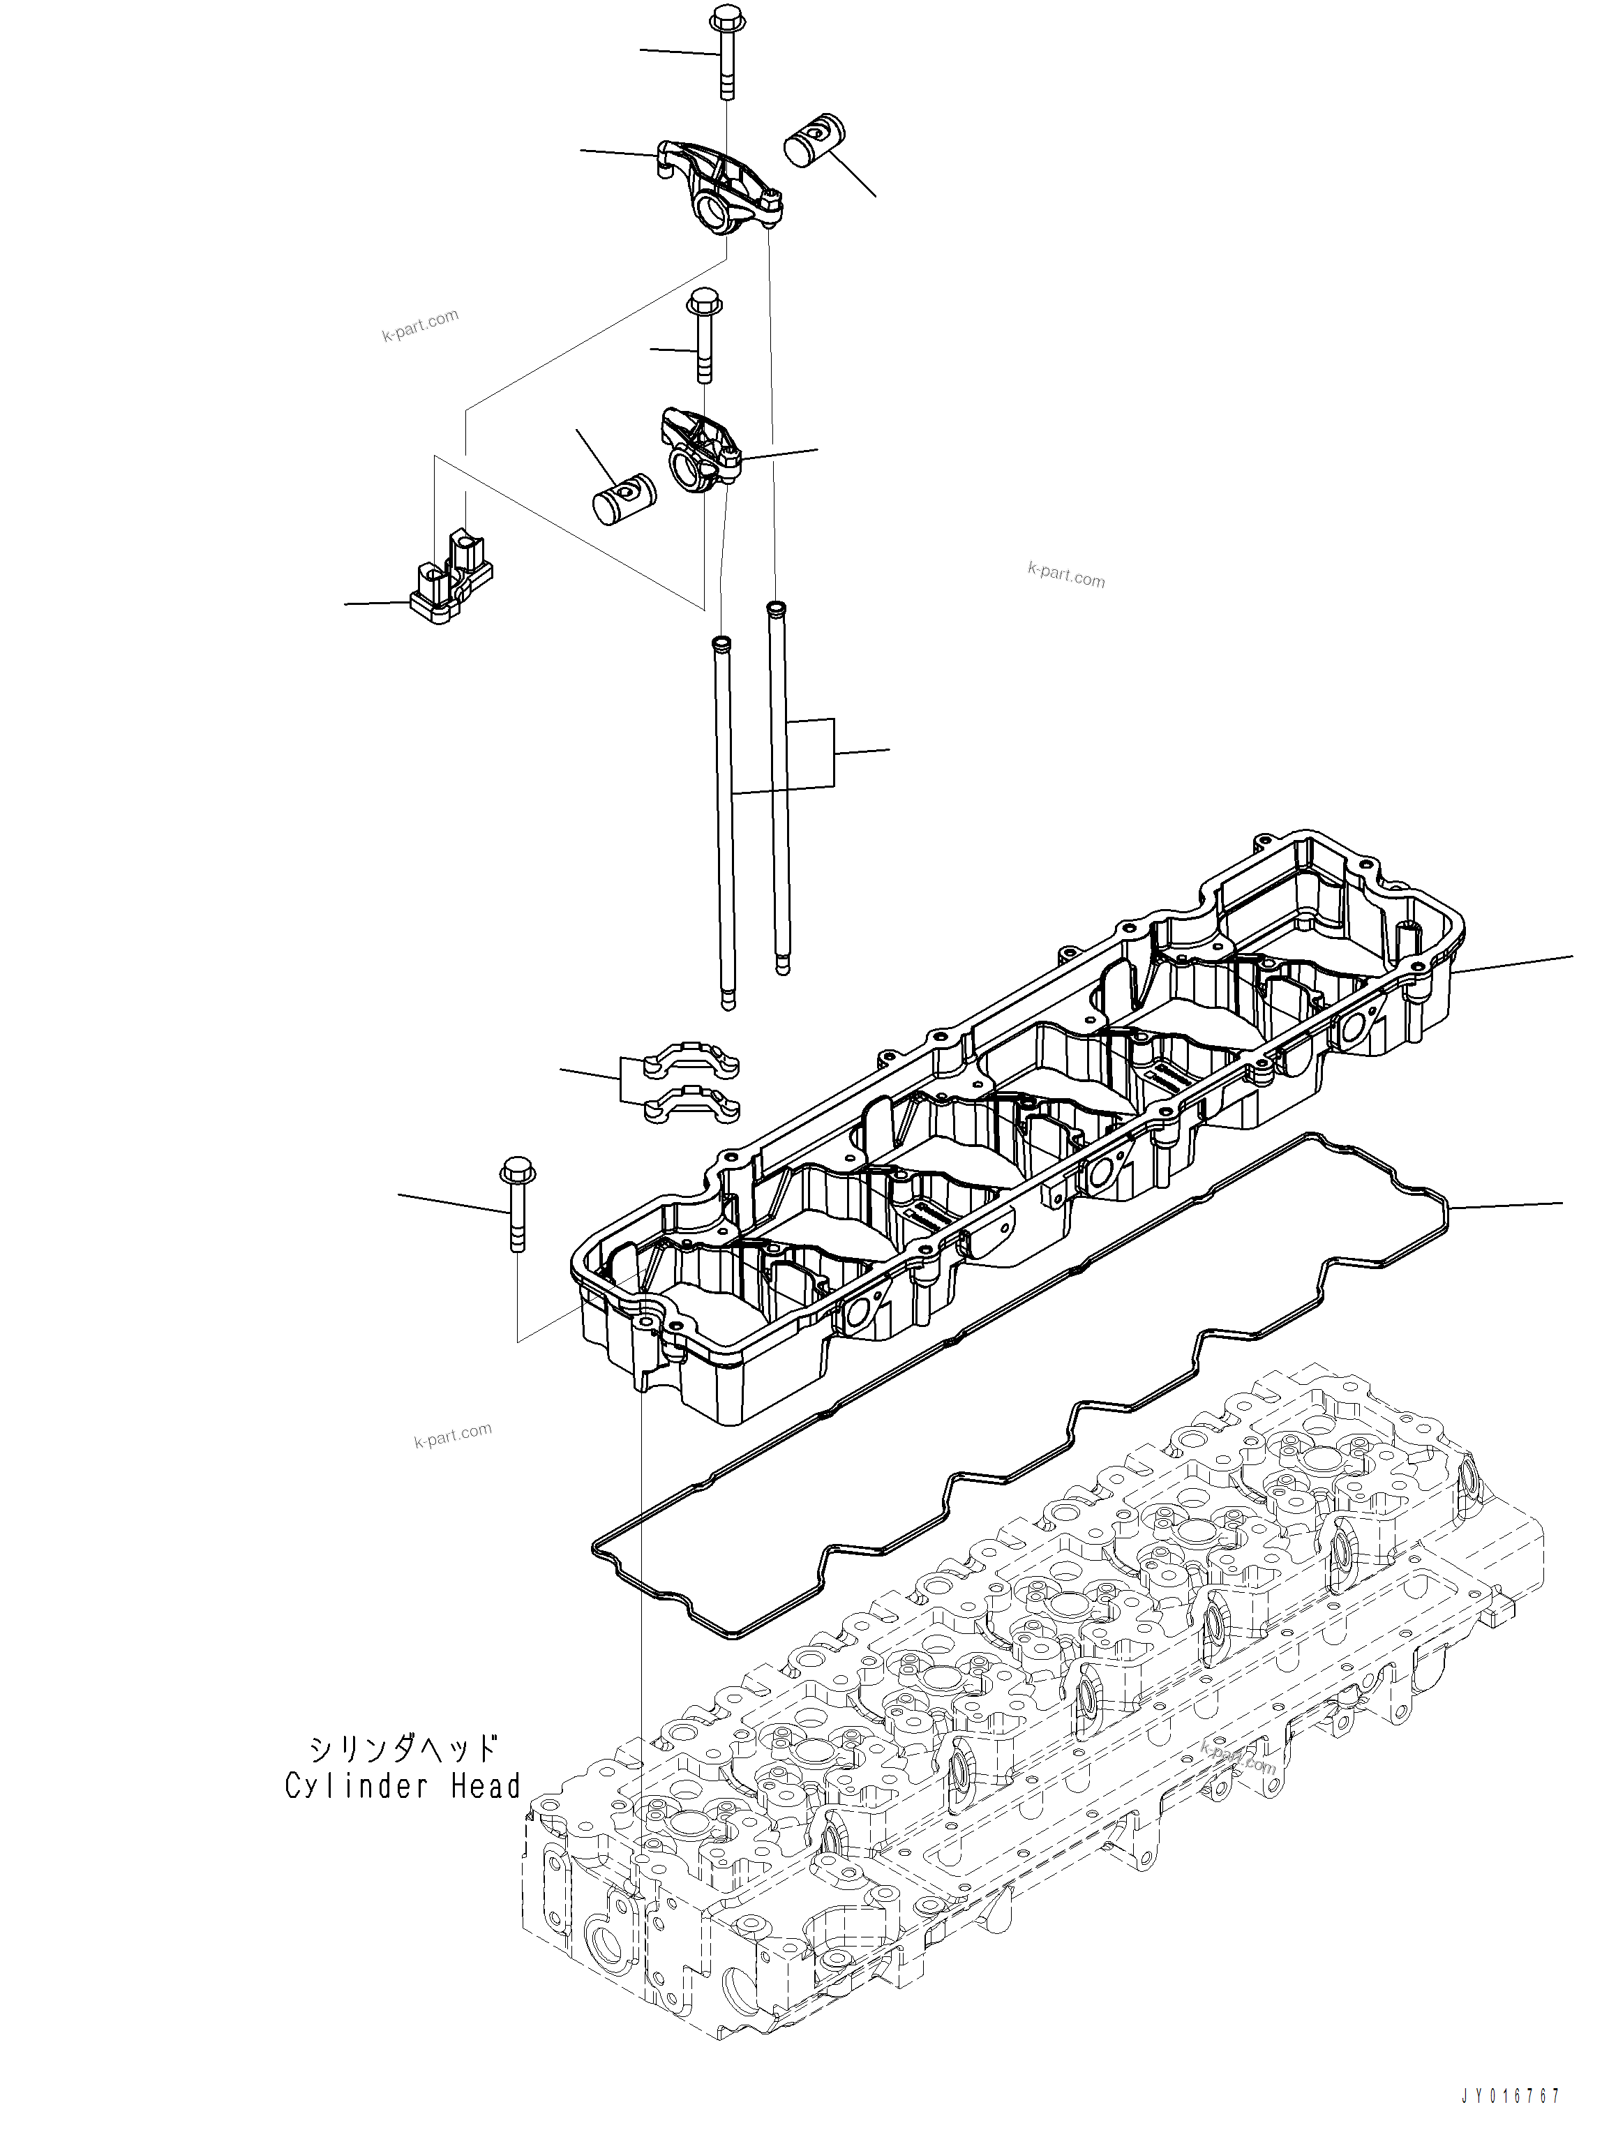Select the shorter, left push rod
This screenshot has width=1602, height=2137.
click(725, 821)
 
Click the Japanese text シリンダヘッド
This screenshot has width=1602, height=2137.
click(404, 1747)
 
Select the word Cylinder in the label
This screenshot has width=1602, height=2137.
click(359, 1786)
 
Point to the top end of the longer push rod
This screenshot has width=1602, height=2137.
click(774, 608)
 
